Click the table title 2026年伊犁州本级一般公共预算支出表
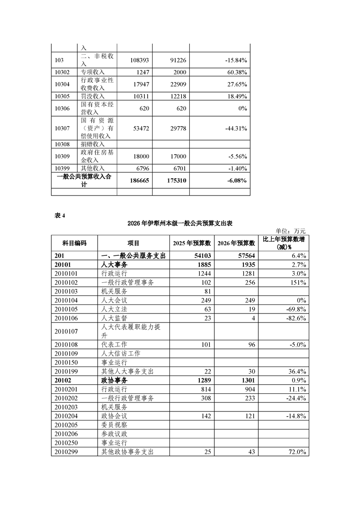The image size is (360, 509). tap(180, 223)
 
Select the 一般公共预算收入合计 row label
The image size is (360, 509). tap(84, 181)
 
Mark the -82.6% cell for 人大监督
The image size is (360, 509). tap(295, 318)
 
